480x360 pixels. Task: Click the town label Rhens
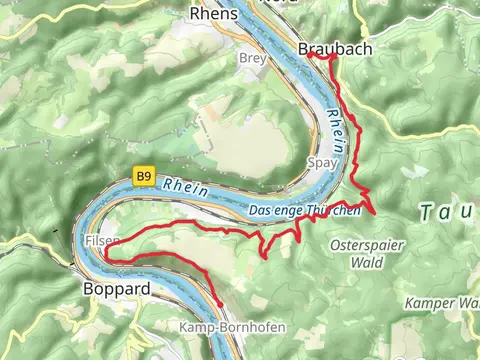tap(214, 14)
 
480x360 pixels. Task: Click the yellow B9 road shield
tap(144, 177)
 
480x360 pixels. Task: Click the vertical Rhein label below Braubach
tap(337, 130)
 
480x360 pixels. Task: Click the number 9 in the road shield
tap(148, 177)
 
